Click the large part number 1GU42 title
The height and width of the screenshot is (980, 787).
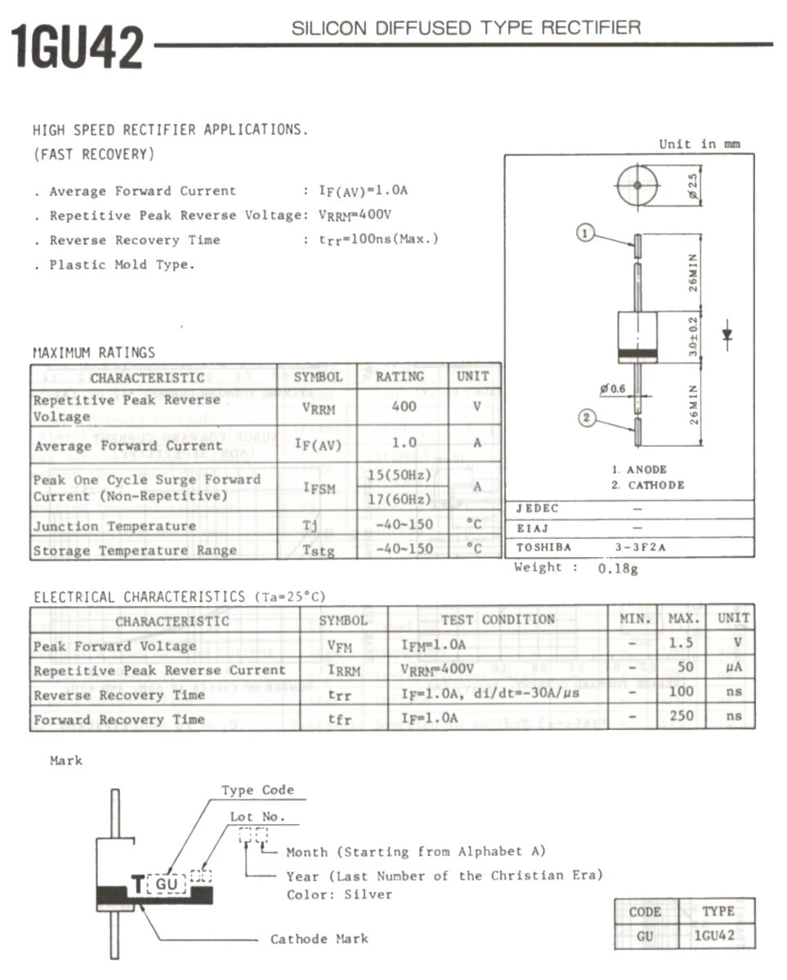pyautogui.click(x=78, y=47)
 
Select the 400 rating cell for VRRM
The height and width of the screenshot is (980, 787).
pyautogui.click(x=404, y=407)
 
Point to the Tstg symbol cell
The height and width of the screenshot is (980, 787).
pyautogui.click(x=317, y=550)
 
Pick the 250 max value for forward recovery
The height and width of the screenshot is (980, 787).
pyautogui.click(x=681, y=716)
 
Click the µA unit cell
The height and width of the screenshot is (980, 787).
pyautogui.click(x=733, y=667)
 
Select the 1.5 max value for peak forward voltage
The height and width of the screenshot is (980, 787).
pyautogui.click(x=681, y=643)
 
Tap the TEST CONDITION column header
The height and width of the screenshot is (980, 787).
pyautogui.click(x=497, y=619)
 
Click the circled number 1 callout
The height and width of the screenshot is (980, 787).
pyautogui.click(x=585, y=234)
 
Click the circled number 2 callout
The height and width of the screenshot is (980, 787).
pyautogui.click(x=586, y=419)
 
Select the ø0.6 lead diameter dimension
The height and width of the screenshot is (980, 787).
pyautogui.click(x=611, y=389)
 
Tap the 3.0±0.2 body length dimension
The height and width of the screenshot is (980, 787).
pyautogui.click(x=692, y=336)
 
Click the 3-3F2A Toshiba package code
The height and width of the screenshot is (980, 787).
pyautogui.click(x=640, y=547)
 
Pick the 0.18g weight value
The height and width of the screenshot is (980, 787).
pyautogui.click(x=618, y=568)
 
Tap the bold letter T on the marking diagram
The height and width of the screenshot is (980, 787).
pyautogui.click(x=137, y=884)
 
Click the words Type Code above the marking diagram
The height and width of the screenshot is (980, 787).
pyautogui.click(x=257, y=790)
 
